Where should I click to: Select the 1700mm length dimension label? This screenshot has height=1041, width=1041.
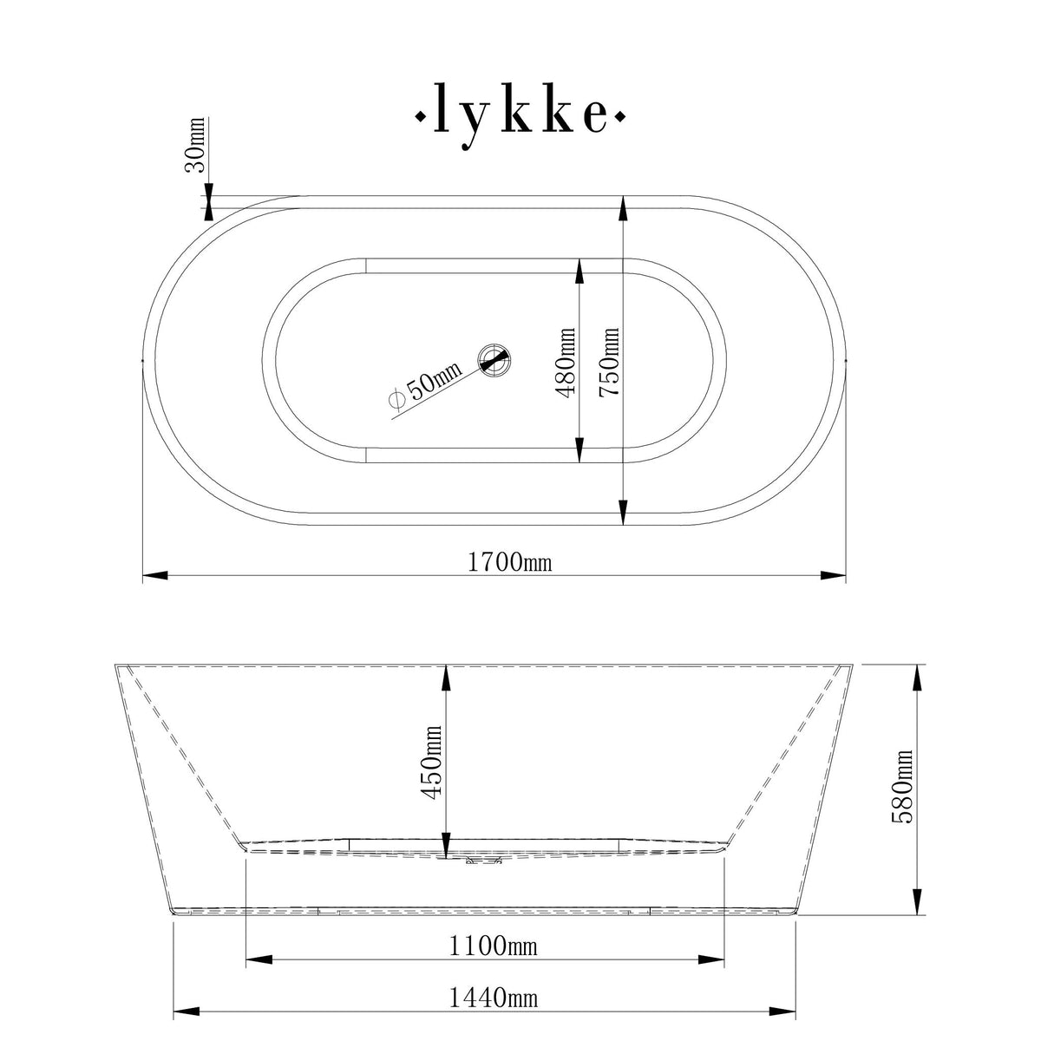[x=510, y=563]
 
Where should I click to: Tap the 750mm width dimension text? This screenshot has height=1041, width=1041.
[x=611, y=361]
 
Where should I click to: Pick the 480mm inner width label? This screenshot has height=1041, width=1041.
[x=566, y=361]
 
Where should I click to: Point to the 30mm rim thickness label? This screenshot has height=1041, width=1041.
[x=194, y=145]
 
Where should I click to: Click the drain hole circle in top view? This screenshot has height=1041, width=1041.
[x=495, y=359]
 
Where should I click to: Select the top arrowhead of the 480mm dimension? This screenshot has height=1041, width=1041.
[x=579, y=269]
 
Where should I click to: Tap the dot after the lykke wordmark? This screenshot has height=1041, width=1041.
[x=620, y=115]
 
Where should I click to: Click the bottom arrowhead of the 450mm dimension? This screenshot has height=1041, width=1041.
[x=445, y=846]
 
